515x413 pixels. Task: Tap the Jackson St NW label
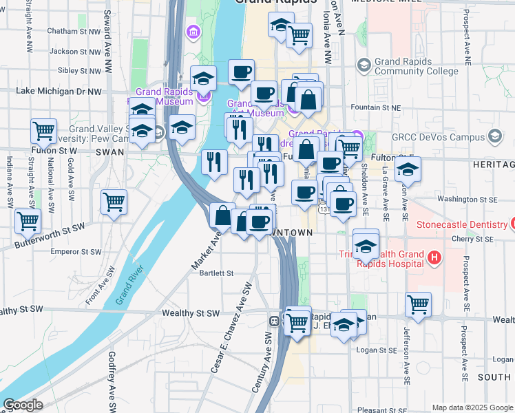point(75,51)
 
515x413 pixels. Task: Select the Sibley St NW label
point(80,70)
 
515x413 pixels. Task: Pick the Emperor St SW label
point(77,252)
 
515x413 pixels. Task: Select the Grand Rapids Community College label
point(417,66)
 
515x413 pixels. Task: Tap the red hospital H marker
point(434,259)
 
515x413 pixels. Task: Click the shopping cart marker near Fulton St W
point(43,131)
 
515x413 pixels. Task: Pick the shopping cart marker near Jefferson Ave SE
point(418,304)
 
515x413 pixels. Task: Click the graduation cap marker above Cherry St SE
point(366,243)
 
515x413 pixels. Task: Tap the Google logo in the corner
point(23,404)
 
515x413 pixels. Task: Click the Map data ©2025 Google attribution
point(472,407)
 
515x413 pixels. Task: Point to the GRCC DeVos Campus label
point(438,136)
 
